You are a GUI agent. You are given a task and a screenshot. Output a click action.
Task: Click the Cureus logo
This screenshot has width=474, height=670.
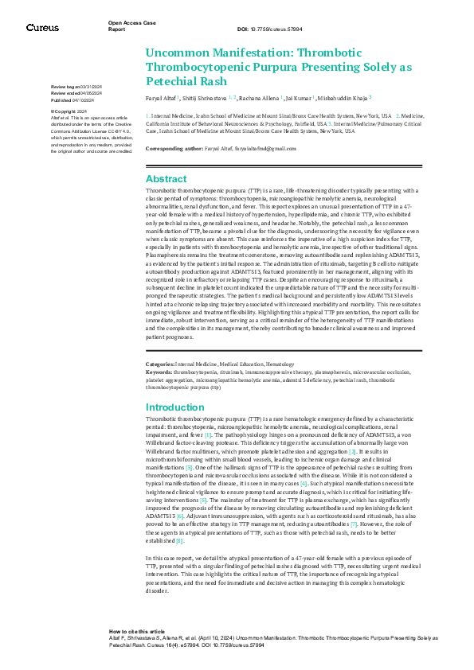coord(41,28)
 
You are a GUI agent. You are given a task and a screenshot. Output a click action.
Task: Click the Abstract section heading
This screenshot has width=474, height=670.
coord(166,179)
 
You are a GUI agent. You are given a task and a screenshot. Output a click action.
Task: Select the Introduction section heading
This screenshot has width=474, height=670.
coord(176,407)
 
